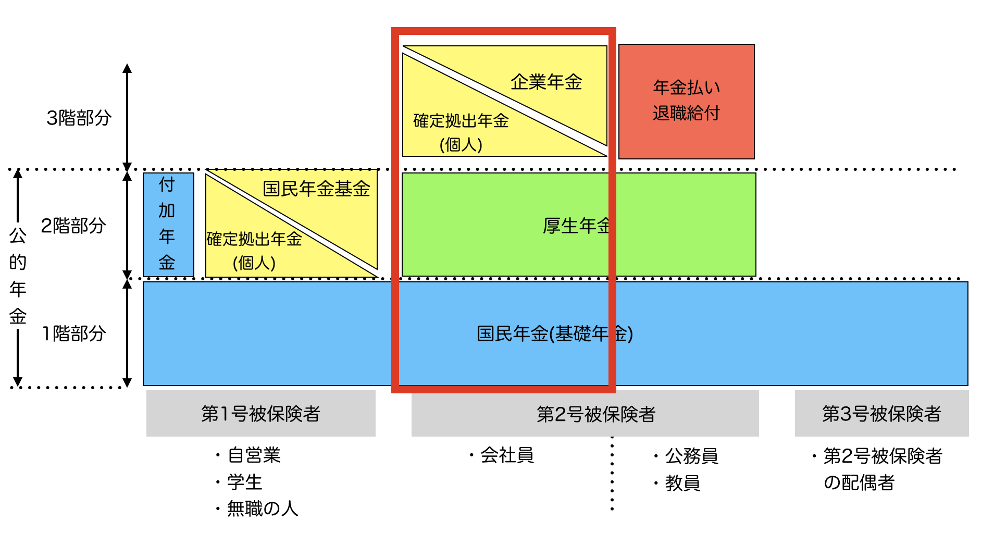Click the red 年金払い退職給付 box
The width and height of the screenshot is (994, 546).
coord(686,101)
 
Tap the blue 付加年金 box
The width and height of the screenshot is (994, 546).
coord(168,224)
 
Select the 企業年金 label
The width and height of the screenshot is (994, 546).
coord(546,82)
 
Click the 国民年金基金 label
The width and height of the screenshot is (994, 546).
coord(316,189)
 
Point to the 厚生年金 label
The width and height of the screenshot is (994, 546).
coord(576,226)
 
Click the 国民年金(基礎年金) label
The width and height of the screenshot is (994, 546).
coord(555,333)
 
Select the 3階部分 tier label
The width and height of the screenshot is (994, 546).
coord(79,118)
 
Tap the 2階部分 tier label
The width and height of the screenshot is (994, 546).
coord(73,226)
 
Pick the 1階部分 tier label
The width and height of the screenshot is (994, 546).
coord(74,333)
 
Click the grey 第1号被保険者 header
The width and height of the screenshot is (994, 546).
coord(260,414)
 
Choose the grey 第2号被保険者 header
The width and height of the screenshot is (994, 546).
coord(596,414)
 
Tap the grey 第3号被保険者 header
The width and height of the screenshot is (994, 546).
coord(881,414)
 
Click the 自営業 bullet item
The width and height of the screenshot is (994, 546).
coord(254,455)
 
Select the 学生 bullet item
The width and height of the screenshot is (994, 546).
coord(245,482)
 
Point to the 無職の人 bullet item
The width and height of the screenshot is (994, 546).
coord(263,508)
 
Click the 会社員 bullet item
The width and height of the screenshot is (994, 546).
coord(507,455)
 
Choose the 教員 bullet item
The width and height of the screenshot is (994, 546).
coord(682,483)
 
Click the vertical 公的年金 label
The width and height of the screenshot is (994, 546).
coord(18,276)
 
